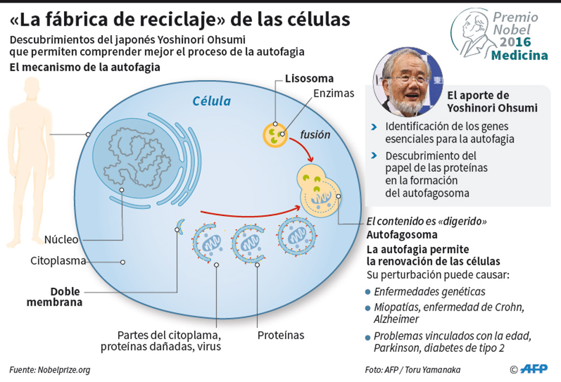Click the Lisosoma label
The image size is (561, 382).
309,78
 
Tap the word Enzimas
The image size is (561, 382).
333,93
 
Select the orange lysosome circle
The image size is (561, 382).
275,136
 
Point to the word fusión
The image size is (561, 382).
315,134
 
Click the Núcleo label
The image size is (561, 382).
61,240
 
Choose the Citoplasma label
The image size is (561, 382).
58,261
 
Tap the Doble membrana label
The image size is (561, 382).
66,297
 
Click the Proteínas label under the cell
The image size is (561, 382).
280,335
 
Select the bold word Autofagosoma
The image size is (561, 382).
402,234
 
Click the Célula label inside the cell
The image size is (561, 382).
211,101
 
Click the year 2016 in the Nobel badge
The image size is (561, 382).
515,42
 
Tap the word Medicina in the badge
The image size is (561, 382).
519,55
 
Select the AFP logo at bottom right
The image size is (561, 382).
534,369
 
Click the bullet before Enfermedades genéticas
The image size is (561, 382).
367,292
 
